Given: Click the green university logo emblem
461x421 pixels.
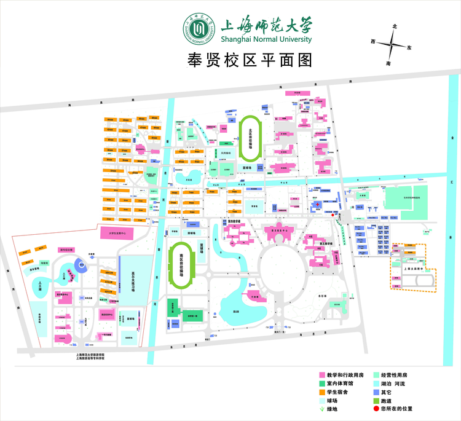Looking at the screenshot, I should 199,29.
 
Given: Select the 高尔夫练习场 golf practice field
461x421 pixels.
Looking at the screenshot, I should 133,275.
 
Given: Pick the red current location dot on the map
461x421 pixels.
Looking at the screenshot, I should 333,215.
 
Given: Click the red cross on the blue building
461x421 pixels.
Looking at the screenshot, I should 317,205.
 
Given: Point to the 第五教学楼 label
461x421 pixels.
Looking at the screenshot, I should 326,243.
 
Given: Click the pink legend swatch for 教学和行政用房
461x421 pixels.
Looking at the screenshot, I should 321,375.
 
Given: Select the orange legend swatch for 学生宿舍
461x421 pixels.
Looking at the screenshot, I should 321,391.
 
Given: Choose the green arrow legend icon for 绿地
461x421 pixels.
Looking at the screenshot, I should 321,408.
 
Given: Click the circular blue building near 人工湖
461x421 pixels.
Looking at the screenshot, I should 80,265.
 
